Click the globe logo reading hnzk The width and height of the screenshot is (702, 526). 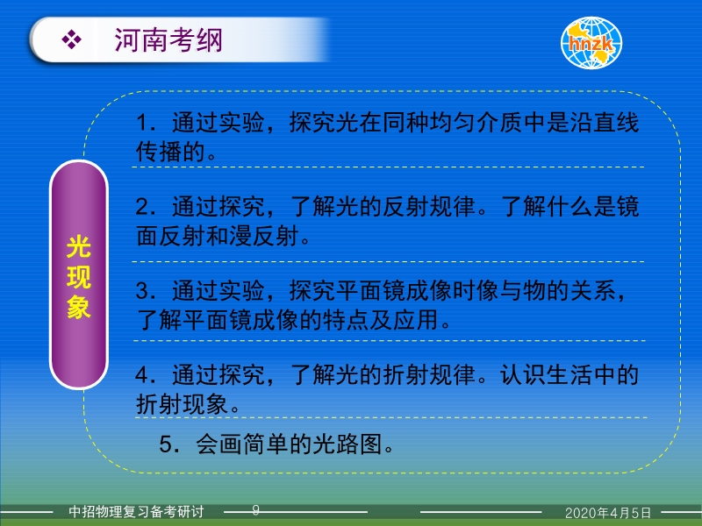(591, 43)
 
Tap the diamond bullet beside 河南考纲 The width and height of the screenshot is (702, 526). (72, 39)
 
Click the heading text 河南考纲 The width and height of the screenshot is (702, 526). (168, 40)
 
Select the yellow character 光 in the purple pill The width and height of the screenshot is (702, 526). (79, 247)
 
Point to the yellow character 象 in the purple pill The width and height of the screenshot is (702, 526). (79, 308)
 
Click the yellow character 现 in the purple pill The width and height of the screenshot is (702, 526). (79, 277)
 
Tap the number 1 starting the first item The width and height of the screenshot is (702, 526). (142, 123)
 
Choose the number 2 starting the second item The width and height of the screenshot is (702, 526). (142, 207)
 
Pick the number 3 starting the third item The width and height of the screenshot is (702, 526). (142, 291)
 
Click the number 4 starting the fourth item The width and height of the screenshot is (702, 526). (142, 375)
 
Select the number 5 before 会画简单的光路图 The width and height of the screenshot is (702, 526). (166, 444)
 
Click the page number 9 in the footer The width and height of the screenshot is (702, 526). (255, 510)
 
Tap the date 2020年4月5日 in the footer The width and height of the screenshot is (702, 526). (607, 513)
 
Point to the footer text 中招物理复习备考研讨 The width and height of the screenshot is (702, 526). (136, 511)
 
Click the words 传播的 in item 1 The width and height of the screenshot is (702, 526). (170, 152)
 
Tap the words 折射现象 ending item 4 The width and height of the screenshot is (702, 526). (183, 404)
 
